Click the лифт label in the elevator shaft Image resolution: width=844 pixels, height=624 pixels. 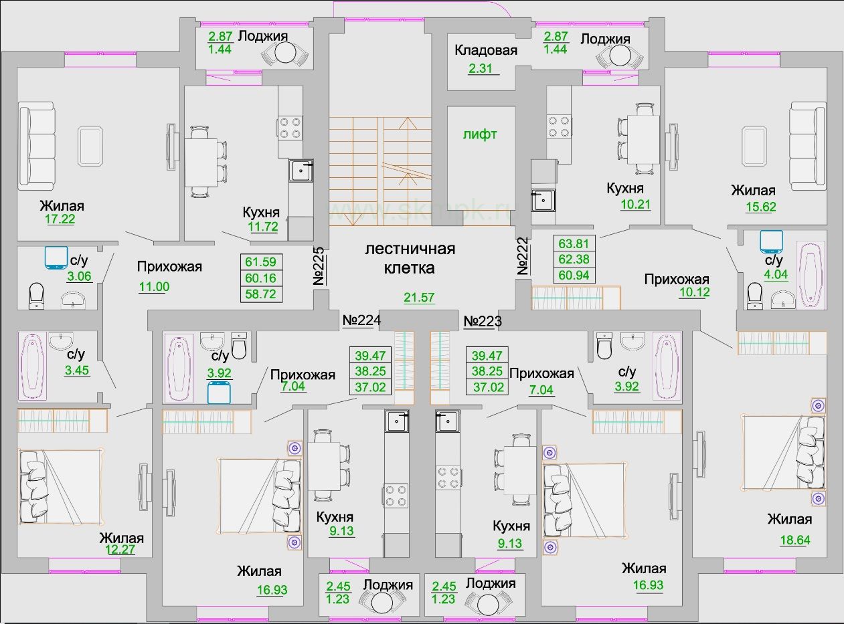pos(480,134)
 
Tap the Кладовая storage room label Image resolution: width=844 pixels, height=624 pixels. pos(485,50)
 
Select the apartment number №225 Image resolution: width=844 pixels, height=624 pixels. pos(319,266)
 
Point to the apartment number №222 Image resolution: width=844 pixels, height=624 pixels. pos(523,256)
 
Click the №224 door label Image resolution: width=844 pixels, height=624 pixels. pos(361,321)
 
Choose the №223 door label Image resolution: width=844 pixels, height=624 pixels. pos(483,321)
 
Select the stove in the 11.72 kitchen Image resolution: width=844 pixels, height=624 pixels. pos(290,127)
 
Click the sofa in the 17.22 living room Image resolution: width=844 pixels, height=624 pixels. pos(36,146)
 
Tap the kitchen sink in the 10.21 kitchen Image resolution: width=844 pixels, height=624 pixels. pos(543,199)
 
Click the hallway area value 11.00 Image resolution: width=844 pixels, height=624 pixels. pos(154,287)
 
